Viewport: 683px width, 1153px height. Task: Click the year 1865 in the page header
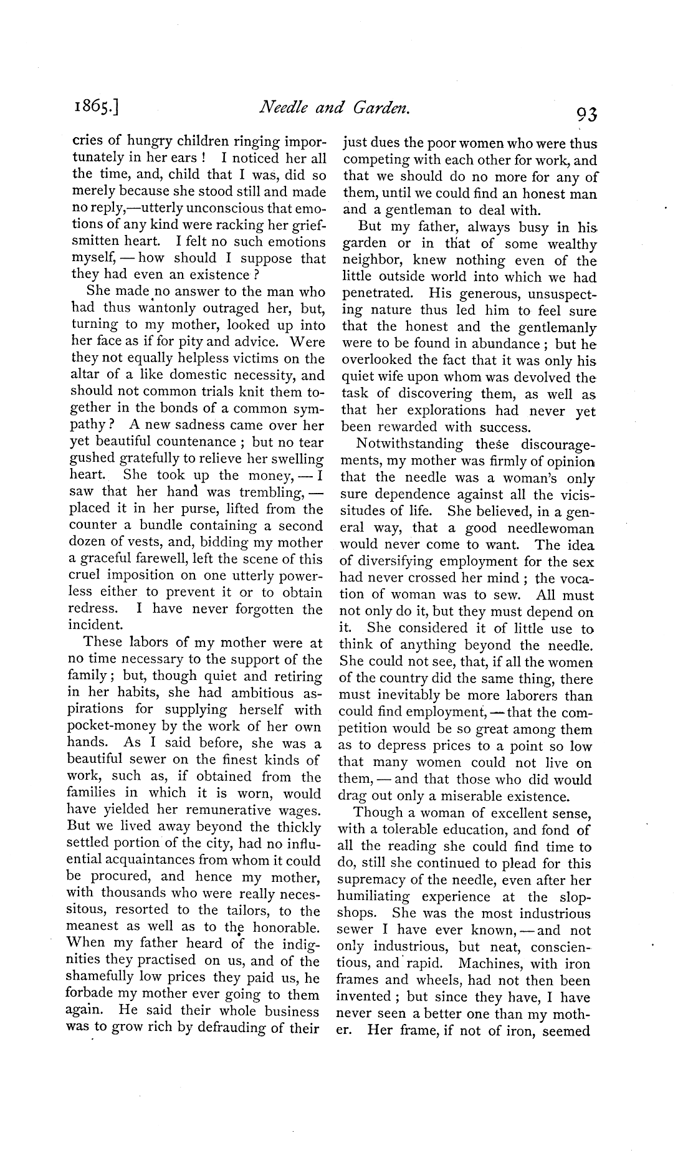coord(97,110)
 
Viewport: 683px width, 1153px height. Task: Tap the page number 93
coord(587,114)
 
